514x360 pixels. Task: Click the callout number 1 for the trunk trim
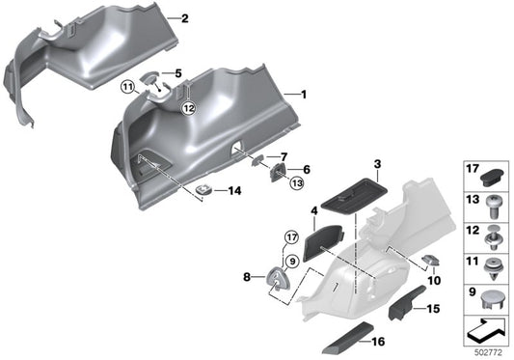(305, 95)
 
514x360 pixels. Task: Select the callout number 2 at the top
(185, 18)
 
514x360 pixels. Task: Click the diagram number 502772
(490, 350)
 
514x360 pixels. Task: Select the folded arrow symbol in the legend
(489, 329)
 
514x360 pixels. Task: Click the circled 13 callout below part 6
(297, 181)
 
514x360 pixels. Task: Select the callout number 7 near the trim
(284, 156)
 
